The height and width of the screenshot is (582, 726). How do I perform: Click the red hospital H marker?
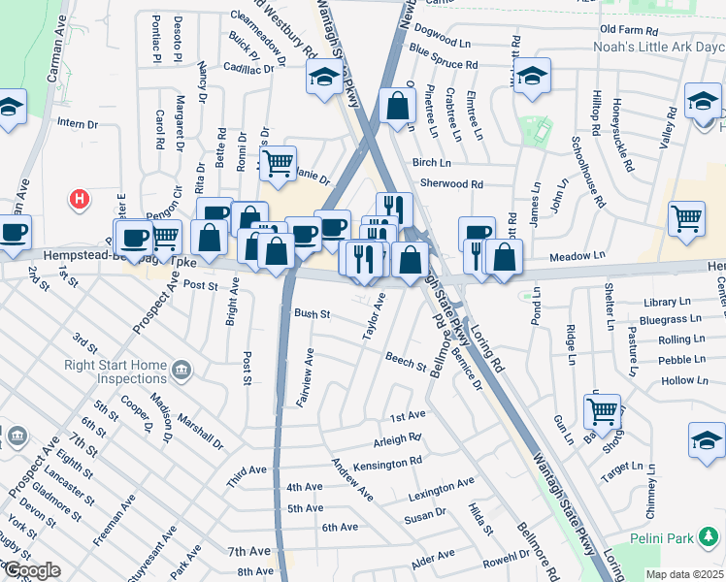click(81, 200)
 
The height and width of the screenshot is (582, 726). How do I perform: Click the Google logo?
click(31, 570)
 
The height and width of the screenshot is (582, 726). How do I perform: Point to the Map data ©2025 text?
click(683, 574)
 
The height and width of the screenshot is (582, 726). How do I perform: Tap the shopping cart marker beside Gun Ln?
click(602, 410)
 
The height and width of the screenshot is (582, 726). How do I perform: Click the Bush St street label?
click(313, 314)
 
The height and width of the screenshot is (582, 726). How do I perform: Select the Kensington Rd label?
click(389, 464)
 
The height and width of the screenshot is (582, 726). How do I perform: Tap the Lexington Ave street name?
click(443, 482)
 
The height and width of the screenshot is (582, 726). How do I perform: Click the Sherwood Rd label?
click(451, 183)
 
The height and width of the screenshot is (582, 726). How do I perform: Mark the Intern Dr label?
click(78, 124)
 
